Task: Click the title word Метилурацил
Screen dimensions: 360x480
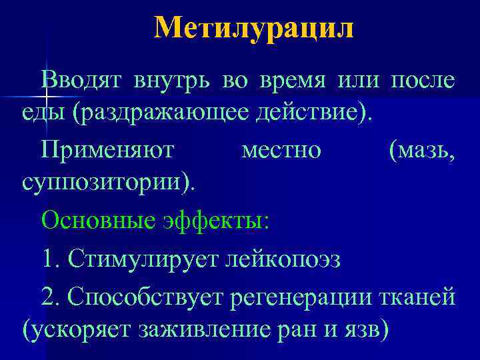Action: coord(254,29)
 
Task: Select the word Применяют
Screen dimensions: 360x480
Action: coord(107,150)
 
